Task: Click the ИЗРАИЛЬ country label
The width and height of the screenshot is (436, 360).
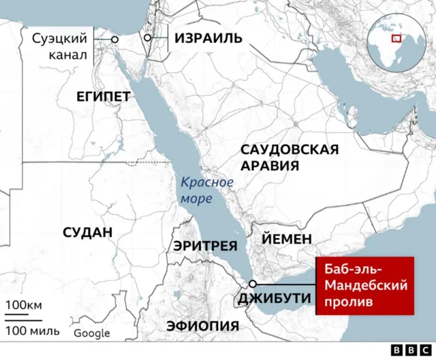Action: point(208,38)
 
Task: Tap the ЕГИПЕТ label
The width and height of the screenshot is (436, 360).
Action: point(103,97)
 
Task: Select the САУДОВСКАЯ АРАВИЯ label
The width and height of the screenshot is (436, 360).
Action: point(290,158)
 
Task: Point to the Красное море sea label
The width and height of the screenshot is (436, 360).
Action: point(206,191)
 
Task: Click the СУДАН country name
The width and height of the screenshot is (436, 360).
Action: point(87,232)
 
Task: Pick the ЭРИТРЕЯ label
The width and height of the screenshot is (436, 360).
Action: point(205,246)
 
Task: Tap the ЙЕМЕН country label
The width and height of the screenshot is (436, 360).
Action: point(287,239)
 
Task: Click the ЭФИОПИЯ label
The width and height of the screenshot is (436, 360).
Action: point(203,325)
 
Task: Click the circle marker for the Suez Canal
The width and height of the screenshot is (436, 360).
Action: point(114,39)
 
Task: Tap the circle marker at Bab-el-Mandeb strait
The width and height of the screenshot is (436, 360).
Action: point(253,283)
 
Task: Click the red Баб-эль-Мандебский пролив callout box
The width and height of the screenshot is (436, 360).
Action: point(365,286)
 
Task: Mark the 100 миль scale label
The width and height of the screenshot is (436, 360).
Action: point(32,331)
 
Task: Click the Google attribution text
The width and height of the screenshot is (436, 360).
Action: point(92,333)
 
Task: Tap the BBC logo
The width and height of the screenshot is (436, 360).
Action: point(407,350)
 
